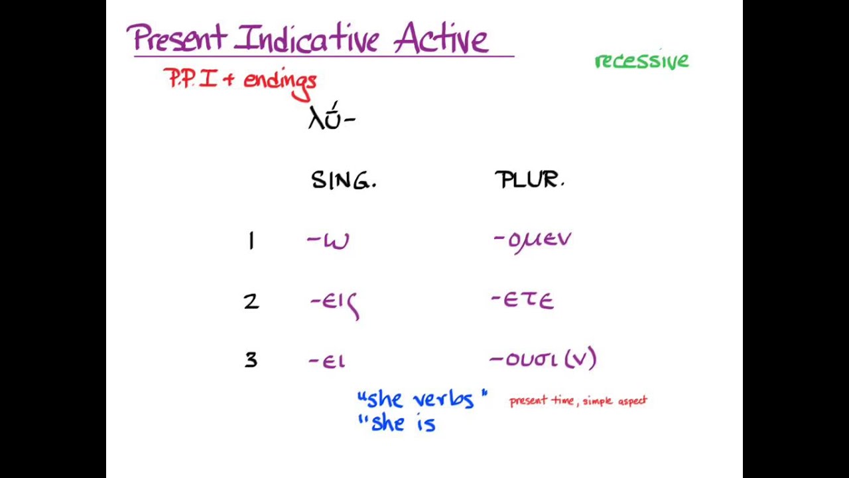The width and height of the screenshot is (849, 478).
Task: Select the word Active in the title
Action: (441, 39)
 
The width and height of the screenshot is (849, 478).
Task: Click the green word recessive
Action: (641, 61)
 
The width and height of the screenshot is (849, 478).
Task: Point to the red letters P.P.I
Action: (191, 80)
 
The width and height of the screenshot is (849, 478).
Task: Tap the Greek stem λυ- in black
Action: (331, 118)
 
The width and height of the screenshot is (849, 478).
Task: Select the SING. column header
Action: (343, 181)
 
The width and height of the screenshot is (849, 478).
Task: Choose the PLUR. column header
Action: (529, 180)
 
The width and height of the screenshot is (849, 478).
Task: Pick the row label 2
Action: (251, 302)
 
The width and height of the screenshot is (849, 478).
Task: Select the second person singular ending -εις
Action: (335, 303)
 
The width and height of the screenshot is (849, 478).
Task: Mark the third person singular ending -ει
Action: (327, 361)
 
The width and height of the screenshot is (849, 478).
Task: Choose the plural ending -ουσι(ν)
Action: (543, 360)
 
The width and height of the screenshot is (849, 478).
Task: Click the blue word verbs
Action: (444, 400)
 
